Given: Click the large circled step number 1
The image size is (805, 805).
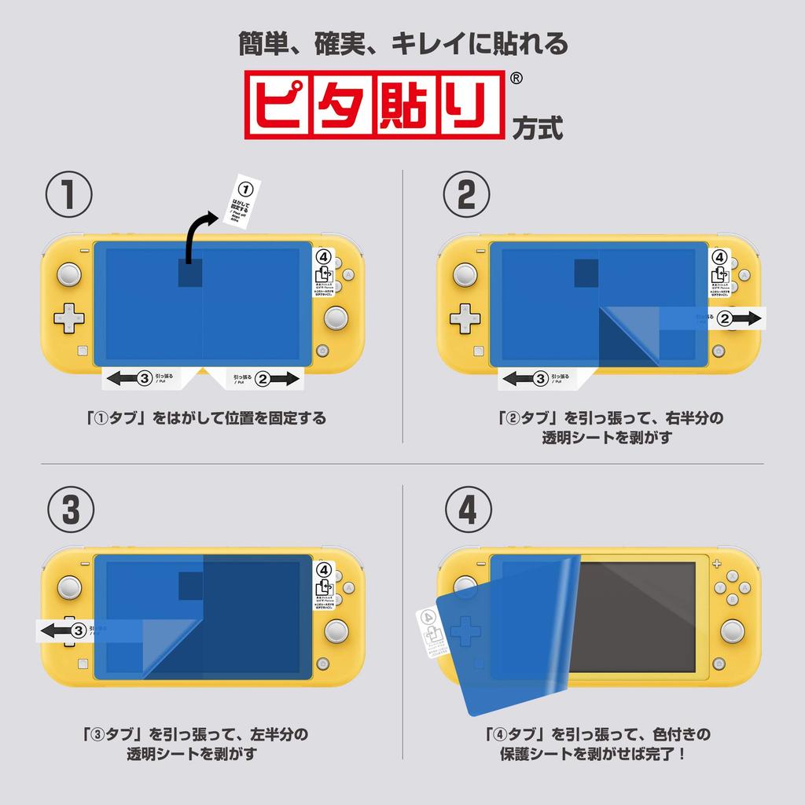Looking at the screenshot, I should tap(69, 194).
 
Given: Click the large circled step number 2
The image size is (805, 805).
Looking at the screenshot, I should tap(467, 194).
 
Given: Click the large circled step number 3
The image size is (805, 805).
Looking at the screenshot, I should tap(69, 510).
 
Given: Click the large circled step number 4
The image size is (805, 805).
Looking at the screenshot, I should tap(467, 510).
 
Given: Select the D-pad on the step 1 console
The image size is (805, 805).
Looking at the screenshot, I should tap(69, 318).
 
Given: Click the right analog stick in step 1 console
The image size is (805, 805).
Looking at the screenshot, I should tap(336, 318).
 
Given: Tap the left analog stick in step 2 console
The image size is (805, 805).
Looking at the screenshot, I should tap(465, 275).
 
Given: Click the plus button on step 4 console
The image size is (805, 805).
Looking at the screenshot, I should tap(716, 563).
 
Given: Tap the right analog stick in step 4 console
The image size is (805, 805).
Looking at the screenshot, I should tap(733, 630).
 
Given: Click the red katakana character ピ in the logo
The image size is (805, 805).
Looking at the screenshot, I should tap(280, 105).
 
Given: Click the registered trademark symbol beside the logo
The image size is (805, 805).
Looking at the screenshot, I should tap(516, 79).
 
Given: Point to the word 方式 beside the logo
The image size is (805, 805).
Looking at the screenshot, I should tap(537, 127).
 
